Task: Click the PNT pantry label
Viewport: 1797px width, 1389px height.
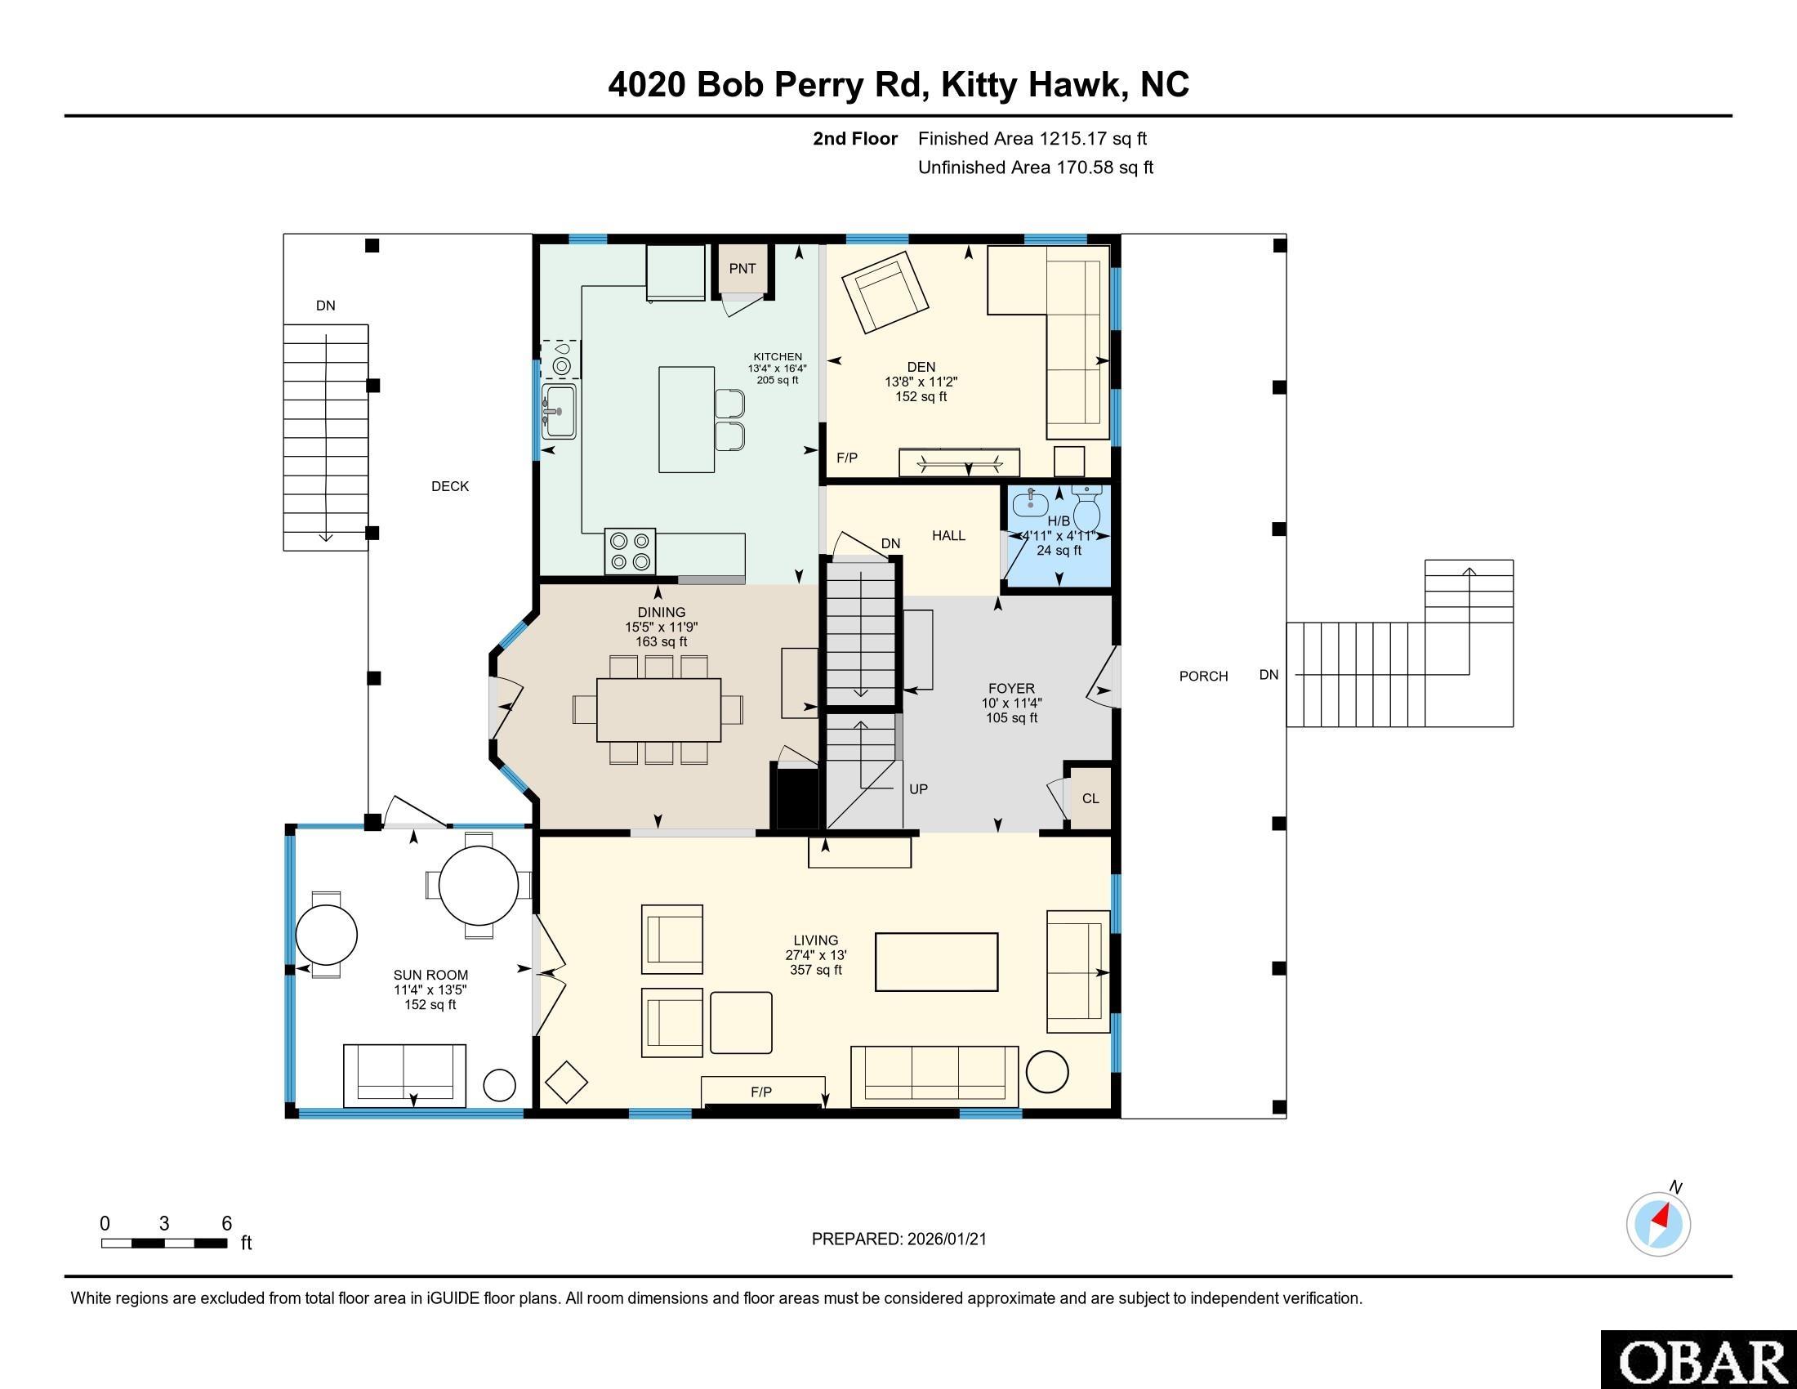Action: click(742, 268)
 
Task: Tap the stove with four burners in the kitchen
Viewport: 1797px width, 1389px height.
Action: click(630, 552)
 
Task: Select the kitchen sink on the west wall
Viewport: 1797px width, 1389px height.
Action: click(560, 411)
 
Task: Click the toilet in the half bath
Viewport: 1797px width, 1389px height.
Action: click(1087, 510)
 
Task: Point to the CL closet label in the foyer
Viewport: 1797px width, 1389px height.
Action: click(1090, 798)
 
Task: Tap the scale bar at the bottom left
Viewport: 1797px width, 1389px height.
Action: click(163, 1243)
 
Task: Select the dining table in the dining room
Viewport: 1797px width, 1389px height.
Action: click(658, 709)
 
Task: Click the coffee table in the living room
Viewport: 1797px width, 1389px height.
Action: click(936, 962)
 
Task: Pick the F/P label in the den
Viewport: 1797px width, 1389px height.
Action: click(847, 458)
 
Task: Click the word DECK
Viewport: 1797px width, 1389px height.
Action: click(450, 486)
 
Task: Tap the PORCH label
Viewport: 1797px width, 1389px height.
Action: click(1203, 676)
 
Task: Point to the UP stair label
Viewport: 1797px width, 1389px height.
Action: click(918, 788)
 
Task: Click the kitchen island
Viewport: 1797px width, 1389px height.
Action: click(686, 420)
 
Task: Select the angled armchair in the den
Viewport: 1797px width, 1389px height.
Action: click(885, 293)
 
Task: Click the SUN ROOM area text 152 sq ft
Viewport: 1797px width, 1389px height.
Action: click(430, 1005)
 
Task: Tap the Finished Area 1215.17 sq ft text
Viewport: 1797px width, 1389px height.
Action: click(1032, 139)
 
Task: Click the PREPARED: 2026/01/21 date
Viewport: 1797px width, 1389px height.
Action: click(898, 1239)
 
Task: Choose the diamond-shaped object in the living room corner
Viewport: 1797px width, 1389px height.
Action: click(566, 1082)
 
